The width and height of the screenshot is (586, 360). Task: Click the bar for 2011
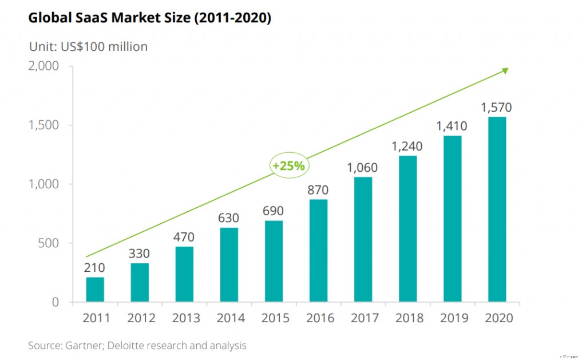click(x=95, y=290)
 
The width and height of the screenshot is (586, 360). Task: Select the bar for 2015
click(x=274, y=262)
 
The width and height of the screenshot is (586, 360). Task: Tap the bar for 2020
click(x=497, y=209)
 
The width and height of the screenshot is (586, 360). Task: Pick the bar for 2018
click(x=407, y=229)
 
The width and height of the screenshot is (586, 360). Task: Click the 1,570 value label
click(x=497, y=108)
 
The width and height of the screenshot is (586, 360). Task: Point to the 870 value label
click(x=318, y=190)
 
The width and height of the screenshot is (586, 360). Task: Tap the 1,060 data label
click(x=363, y=168)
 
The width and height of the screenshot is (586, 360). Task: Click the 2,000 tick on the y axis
click(x=43, y=66)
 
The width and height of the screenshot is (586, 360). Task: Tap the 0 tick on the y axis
click(x=56, y=302)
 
